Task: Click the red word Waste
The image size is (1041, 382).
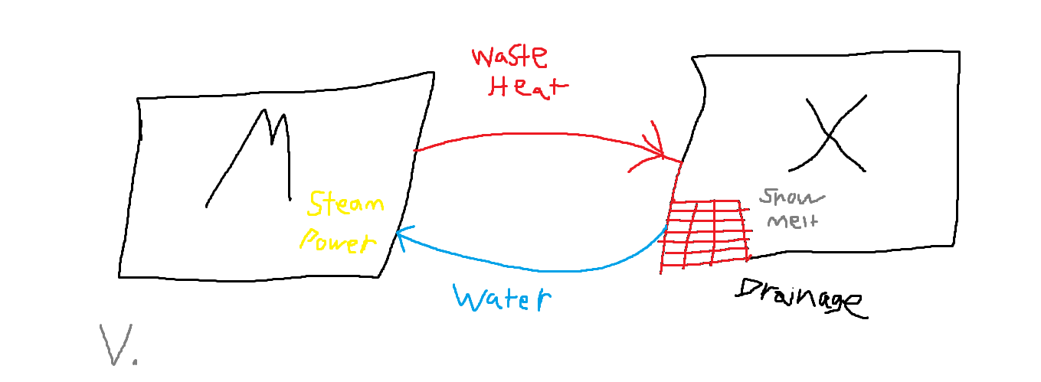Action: (509, 58)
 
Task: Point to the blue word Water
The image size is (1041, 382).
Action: (502, 298)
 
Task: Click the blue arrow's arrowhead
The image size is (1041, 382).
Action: (402, 236)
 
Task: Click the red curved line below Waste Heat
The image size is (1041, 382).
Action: (536, 135)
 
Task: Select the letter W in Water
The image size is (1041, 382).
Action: (469, 297)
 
